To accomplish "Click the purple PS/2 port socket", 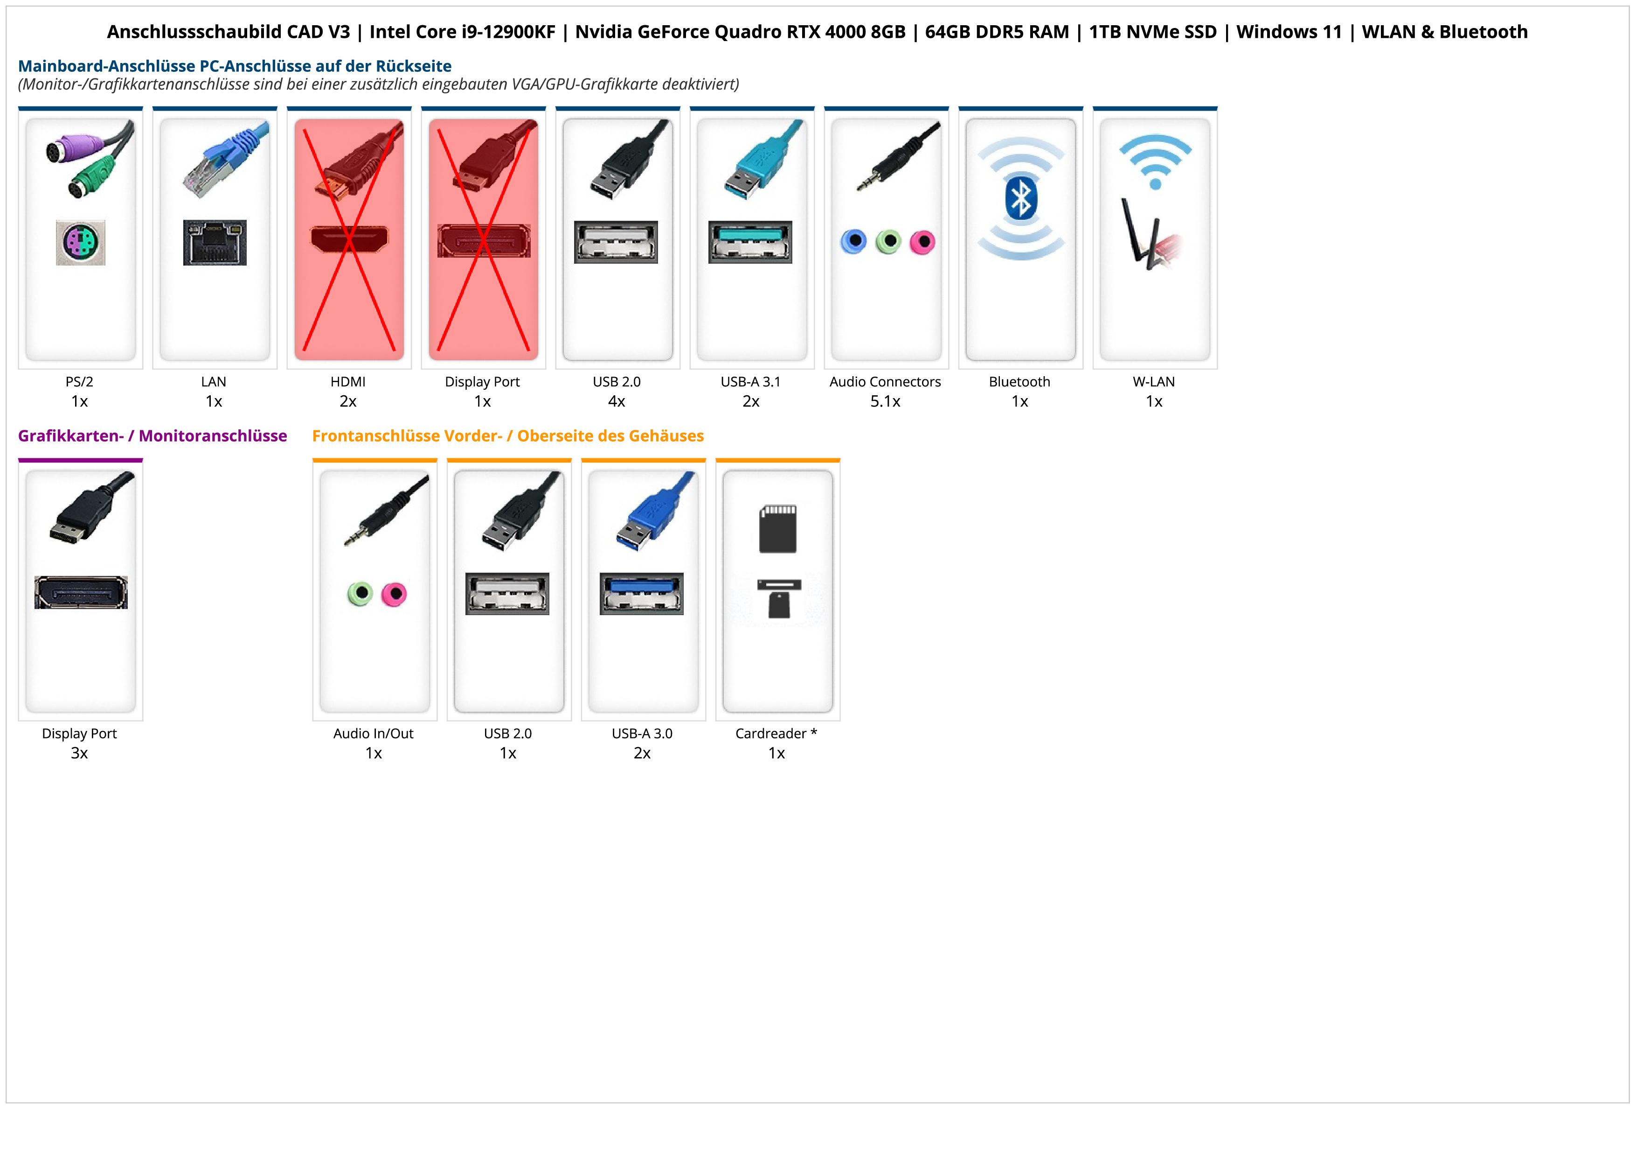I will click(81, 242).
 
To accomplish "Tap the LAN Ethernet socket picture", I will click(215, 242).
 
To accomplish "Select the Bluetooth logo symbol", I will click(1020, 198).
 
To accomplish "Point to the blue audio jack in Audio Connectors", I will click(853, 242).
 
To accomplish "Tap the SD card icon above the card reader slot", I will click(777, 529).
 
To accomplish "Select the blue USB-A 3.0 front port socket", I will click(641, 593).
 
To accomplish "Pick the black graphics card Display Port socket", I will click(81, 592).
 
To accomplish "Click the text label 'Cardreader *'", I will click(776, 734).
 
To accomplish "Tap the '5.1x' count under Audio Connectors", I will click(885, 401).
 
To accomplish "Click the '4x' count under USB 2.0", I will click(617, 401).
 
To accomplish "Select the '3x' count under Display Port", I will click(79, 753).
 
